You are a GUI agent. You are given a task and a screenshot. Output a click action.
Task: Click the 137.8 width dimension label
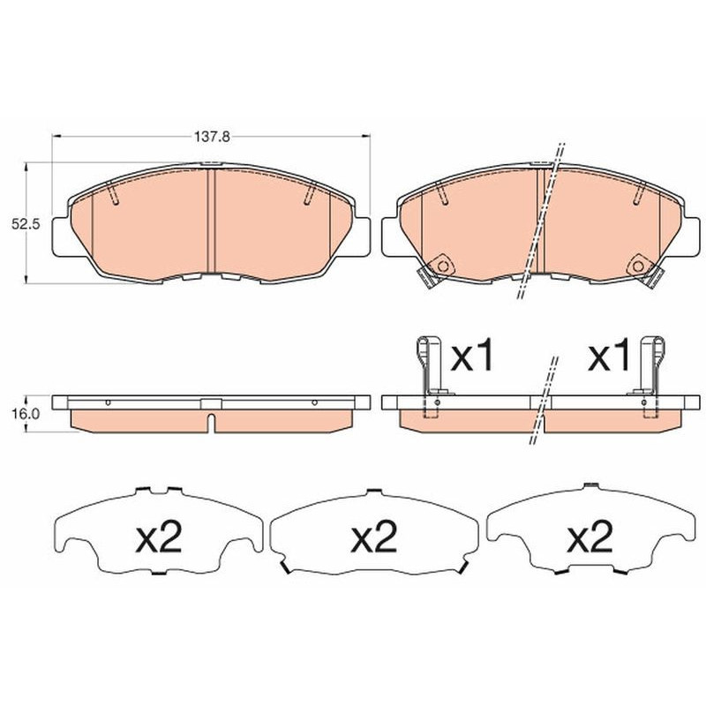212,136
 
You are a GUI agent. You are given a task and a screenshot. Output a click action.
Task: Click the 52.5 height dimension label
26,224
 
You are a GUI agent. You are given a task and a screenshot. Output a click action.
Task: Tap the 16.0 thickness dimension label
26,413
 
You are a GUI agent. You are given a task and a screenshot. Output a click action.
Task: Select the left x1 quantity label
472,356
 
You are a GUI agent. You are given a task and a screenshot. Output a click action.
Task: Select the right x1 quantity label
608,356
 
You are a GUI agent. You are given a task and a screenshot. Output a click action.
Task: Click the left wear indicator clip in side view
429,376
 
